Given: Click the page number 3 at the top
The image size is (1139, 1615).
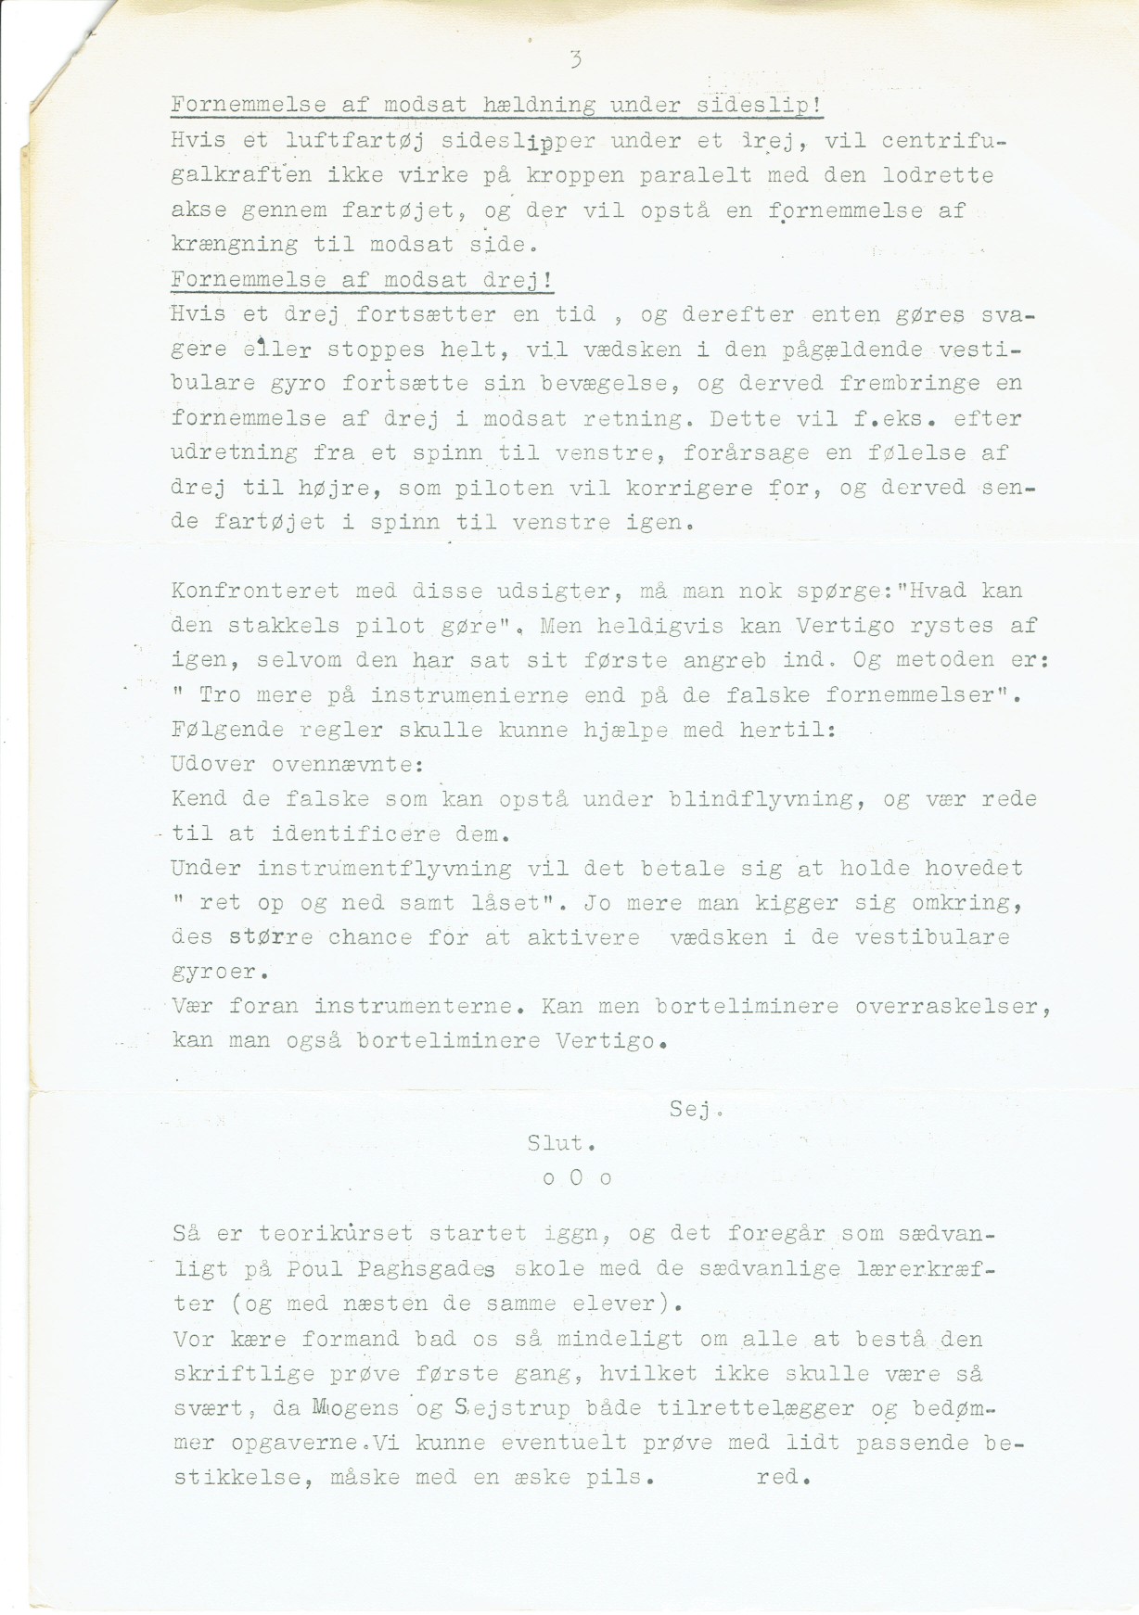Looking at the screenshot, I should (x=576, y=61).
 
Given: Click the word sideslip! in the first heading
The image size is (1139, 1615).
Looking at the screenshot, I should (x=759, y=106).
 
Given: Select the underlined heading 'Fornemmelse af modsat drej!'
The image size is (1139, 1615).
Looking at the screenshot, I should (x=363, y=280).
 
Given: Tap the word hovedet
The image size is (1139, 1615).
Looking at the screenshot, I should (x=974, y=869).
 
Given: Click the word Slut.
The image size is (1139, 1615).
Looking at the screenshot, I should (x=561, y=1143).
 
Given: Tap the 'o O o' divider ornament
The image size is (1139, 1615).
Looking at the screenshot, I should (x=576, y=1178).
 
